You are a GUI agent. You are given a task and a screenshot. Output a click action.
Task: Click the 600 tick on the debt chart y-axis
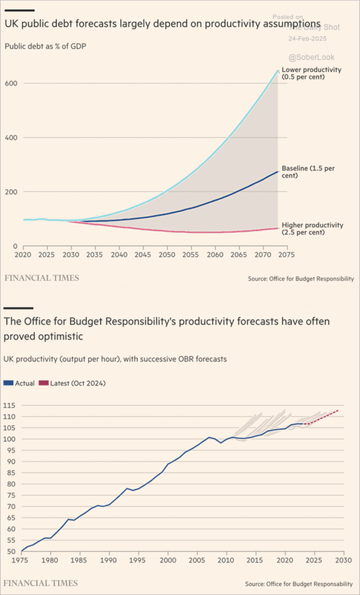(x=11, y=83)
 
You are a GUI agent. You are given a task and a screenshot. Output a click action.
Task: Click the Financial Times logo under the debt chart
(x=42, y=278)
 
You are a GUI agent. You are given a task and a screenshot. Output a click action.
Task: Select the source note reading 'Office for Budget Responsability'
(x=299, y=584)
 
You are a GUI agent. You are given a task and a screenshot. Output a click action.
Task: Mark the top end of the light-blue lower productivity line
(x=278, y=71)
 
